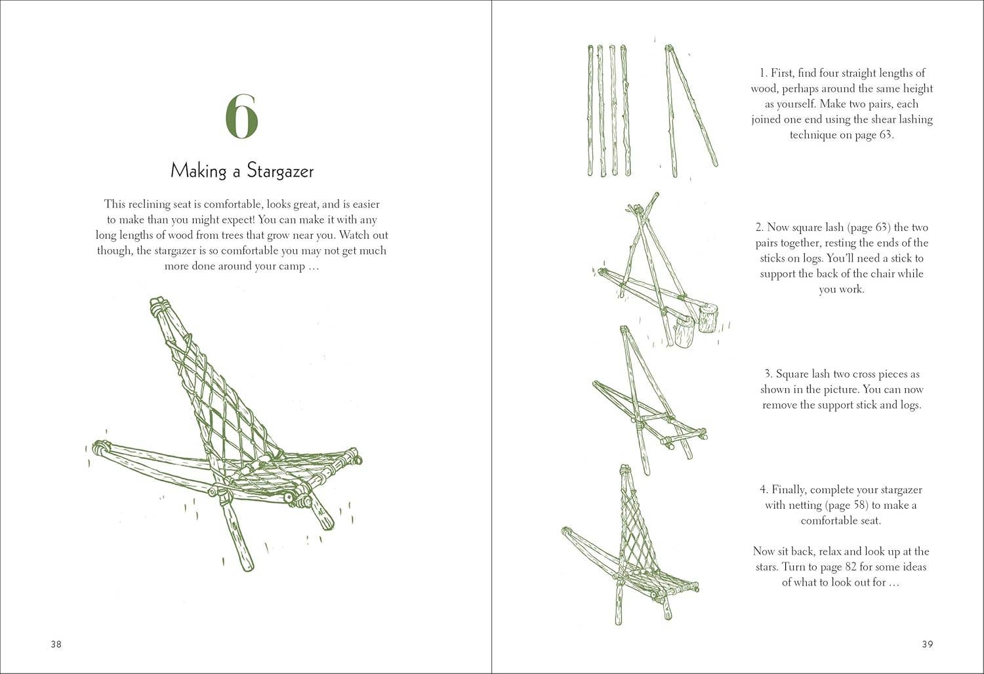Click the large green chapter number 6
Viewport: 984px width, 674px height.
coord(242,117)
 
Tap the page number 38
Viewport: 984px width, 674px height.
coord(56,644)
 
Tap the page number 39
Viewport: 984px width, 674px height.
coord(927,644)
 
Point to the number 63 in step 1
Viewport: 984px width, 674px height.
coord(885,135)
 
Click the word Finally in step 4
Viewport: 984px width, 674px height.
coord(796,490)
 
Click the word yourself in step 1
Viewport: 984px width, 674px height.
coord(801,104)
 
